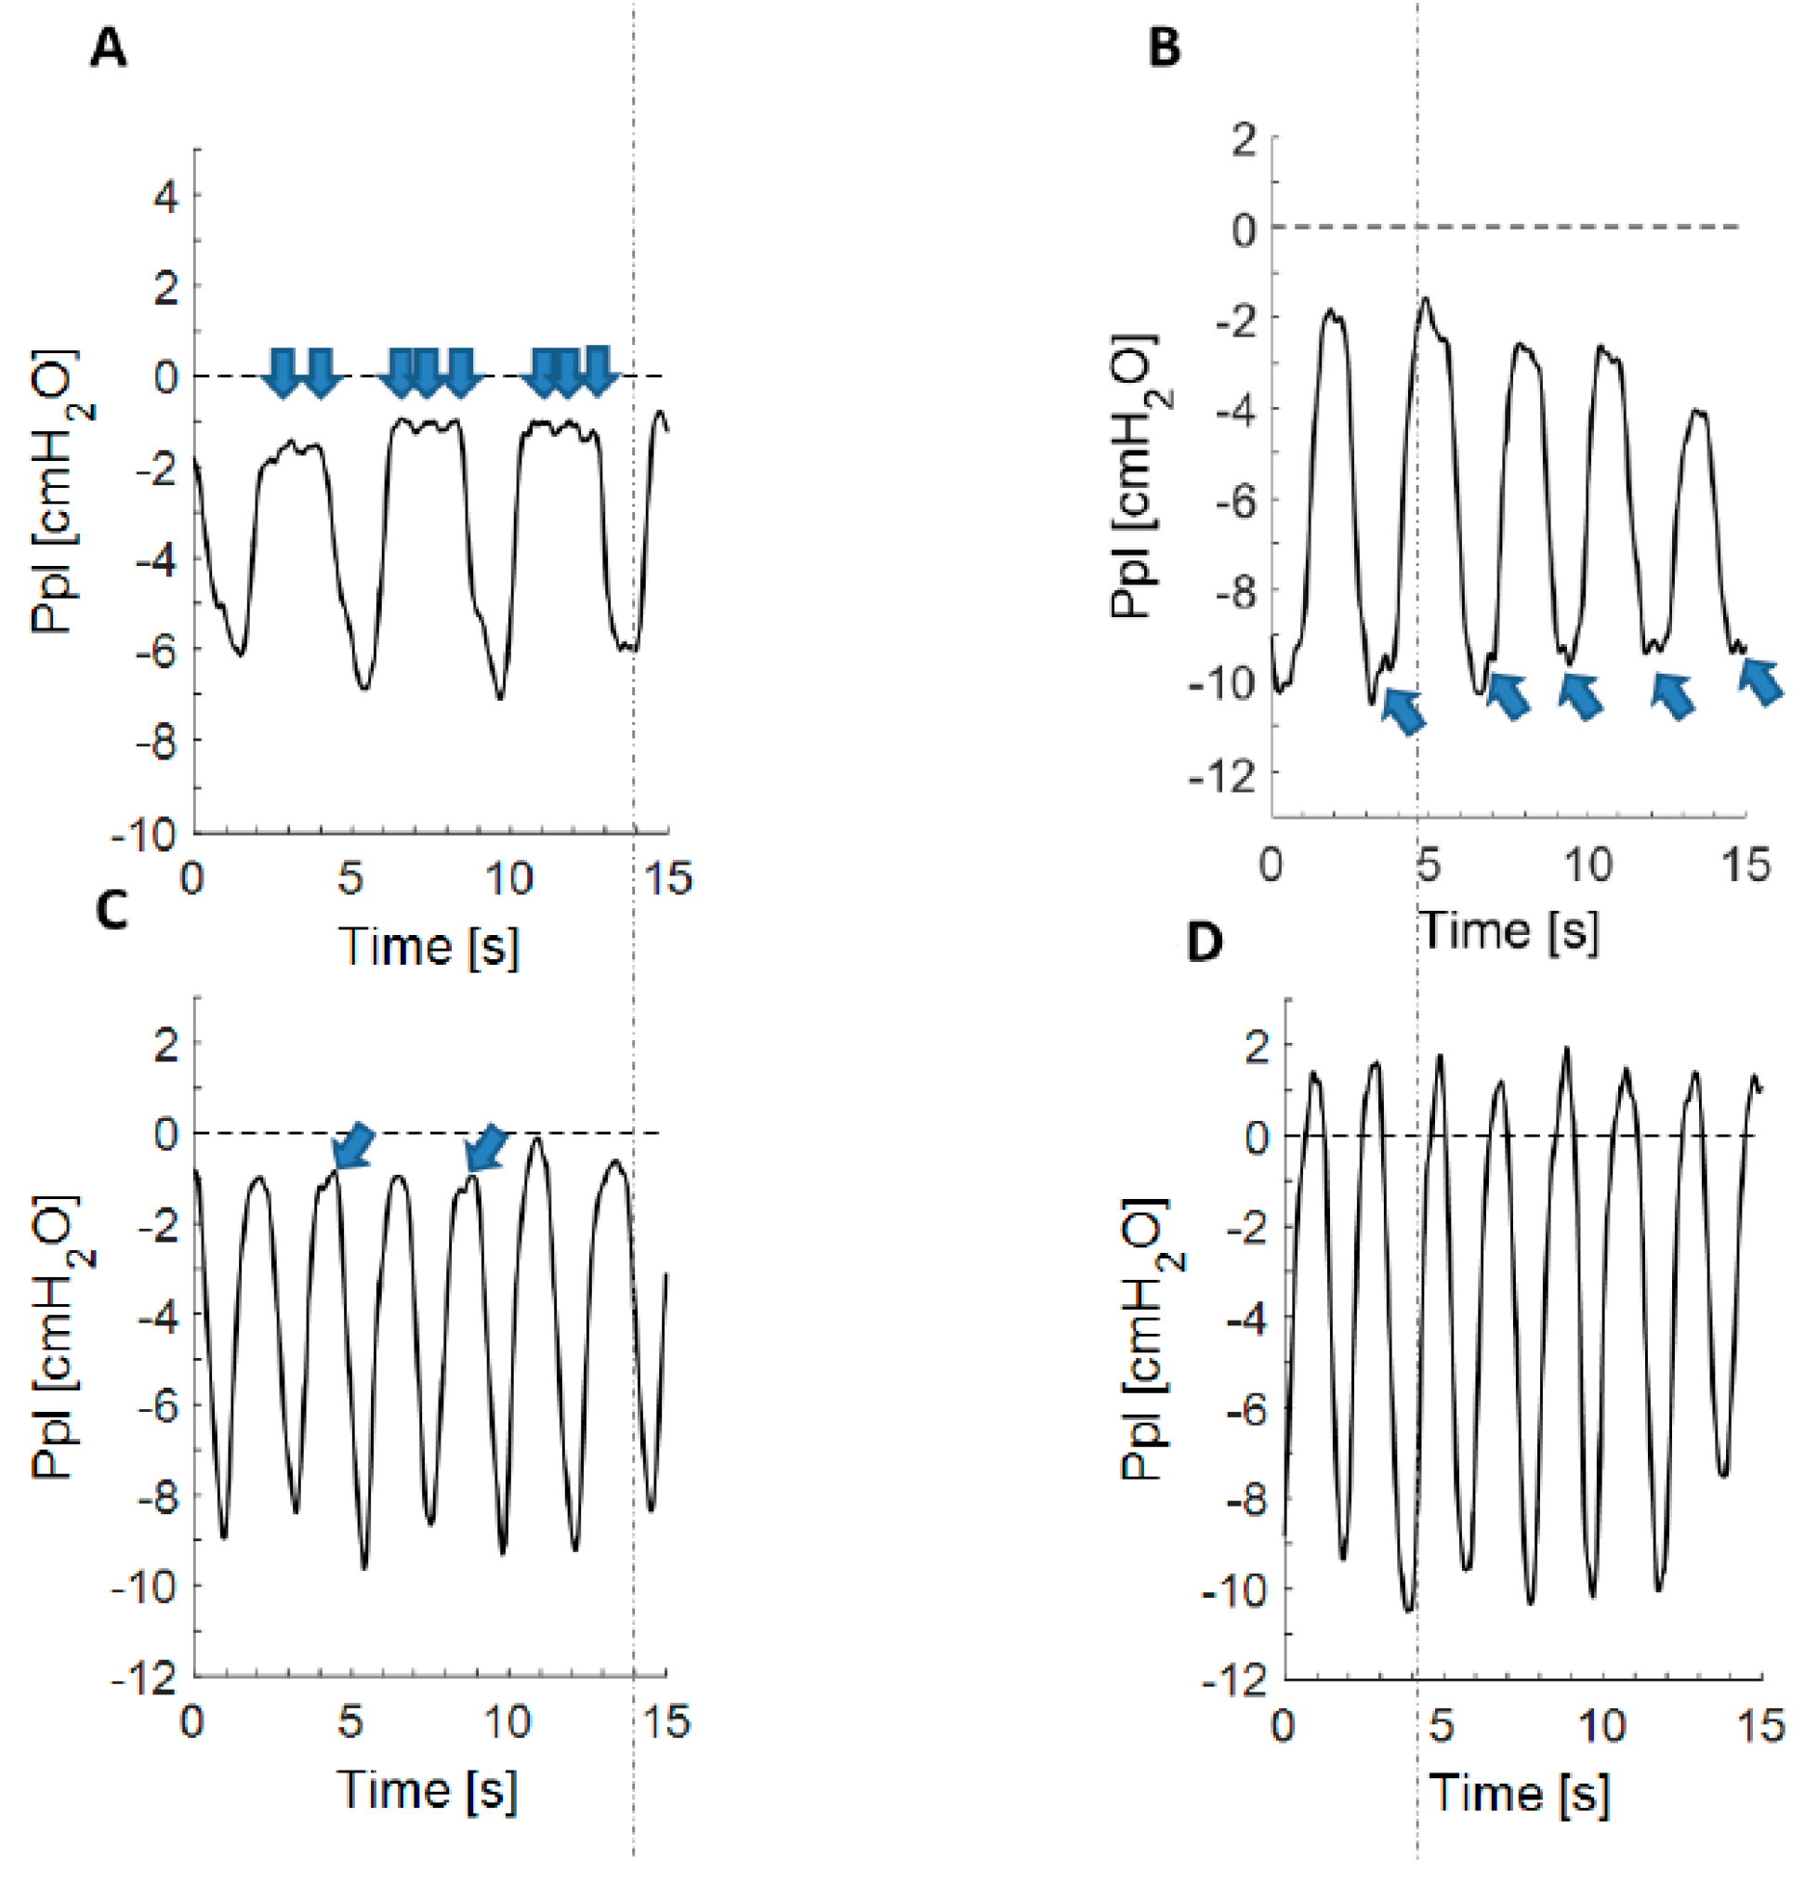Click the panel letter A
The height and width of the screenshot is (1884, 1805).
click(108, 48)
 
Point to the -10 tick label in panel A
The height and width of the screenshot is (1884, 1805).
click(146, 834)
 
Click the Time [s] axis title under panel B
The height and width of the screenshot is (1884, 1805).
click(1510, 929)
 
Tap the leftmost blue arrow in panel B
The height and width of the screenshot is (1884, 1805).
click(1403, 711)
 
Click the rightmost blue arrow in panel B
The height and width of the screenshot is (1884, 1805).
click(1761, 680)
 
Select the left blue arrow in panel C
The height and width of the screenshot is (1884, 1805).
click(350, 1146)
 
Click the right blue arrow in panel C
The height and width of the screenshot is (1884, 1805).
click(485, 1148)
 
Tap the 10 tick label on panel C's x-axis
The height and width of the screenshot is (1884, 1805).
click(507, 1721)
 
